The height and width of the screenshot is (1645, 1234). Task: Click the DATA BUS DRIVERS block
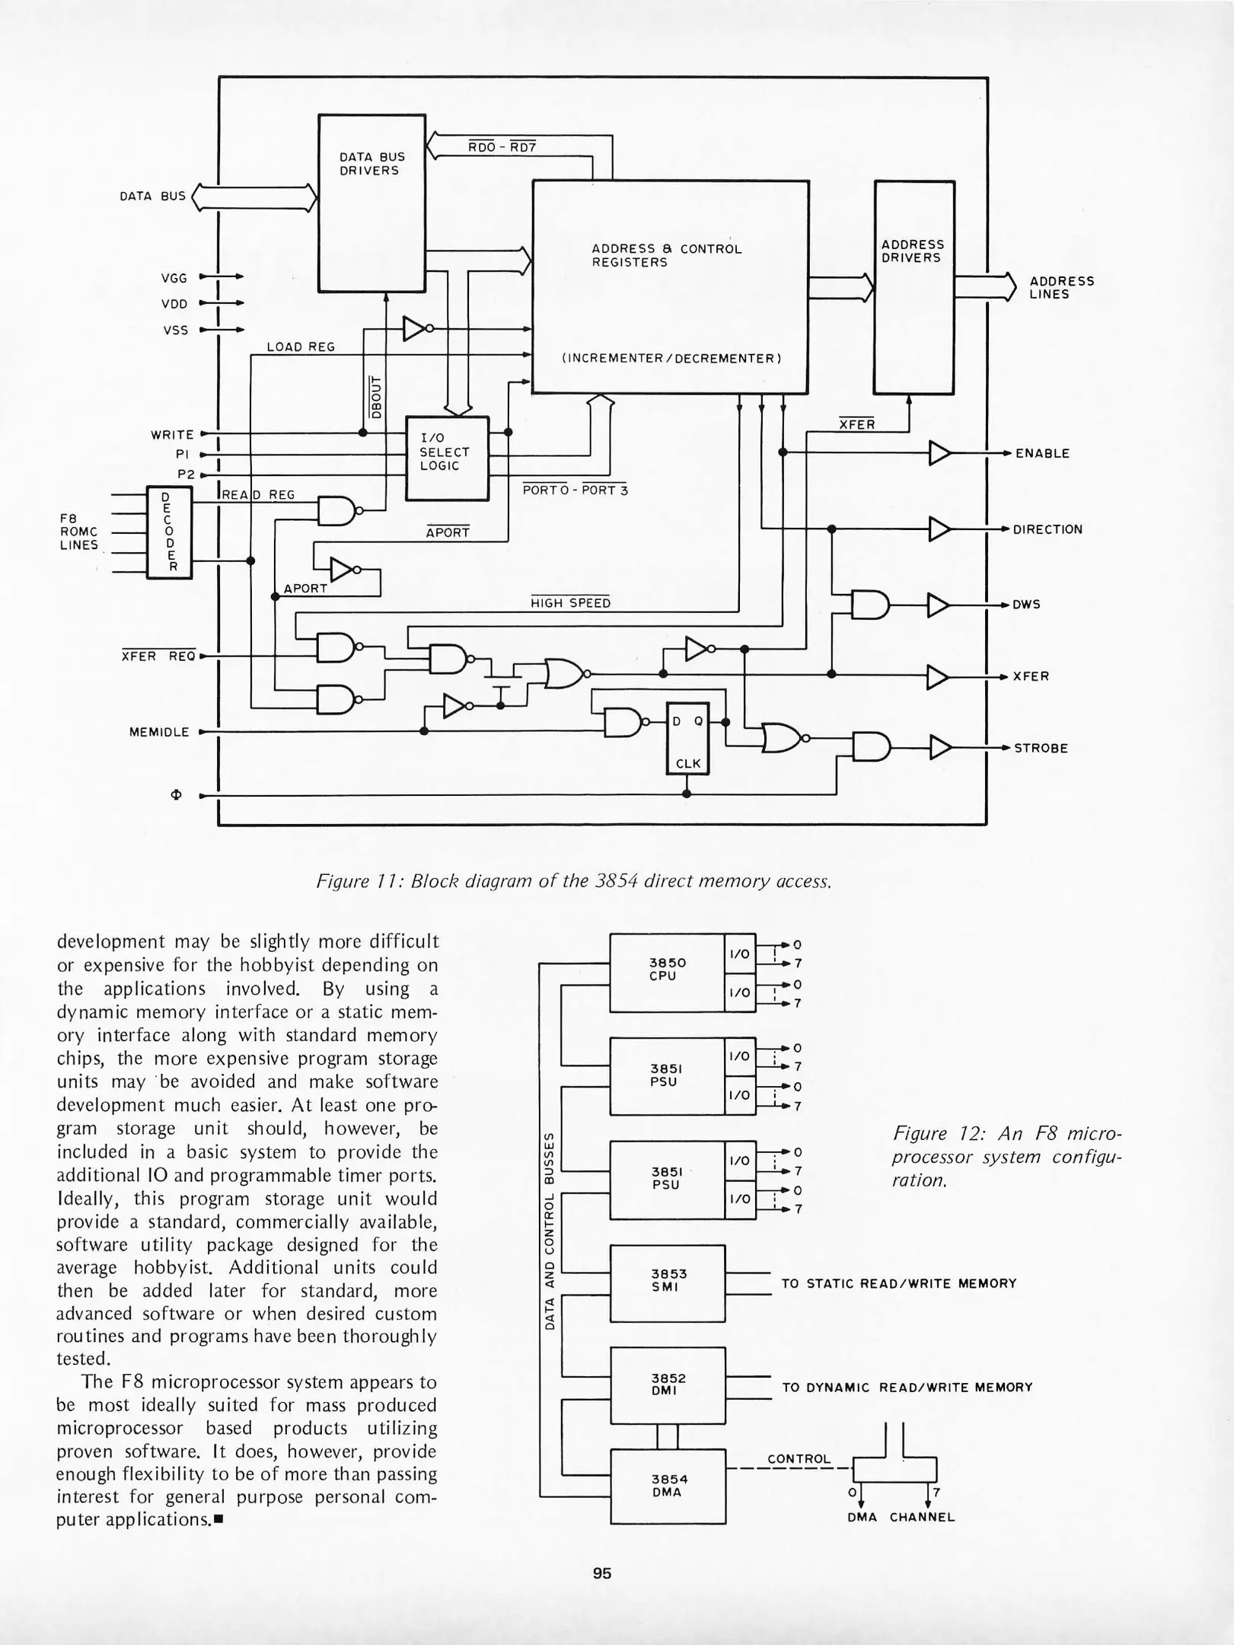point(371,203)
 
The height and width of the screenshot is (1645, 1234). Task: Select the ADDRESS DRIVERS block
point(914,287)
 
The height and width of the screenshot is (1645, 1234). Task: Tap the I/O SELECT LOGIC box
point(447,458)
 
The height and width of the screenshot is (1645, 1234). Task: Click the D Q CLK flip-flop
point(687,737)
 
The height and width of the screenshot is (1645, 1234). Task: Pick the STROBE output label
point(1041,748)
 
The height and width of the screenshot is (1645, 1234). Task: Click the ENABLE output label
point(1042,453)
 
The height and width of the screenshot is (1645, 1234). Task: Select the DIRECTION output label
point(1047,529)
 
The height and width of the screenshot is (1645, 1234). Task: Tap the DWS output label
point(1025,605)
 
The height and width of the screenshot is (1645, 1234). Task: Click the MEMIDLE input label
point(159,732)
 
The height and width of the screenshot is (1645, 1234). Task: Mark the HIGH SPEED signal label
point(570,603)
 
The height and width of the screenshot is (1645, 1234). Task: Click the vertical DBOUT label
point(375,396)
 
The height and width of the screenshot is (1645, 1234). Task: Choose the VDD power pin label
point(174,304)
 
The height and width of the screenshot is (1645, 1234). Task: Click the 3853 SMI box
point(668,1283)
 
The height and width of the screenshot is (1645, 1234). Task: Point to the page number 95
point(602,1573)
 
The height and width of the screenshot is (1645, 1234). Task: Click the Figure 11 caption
point(573,881)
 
